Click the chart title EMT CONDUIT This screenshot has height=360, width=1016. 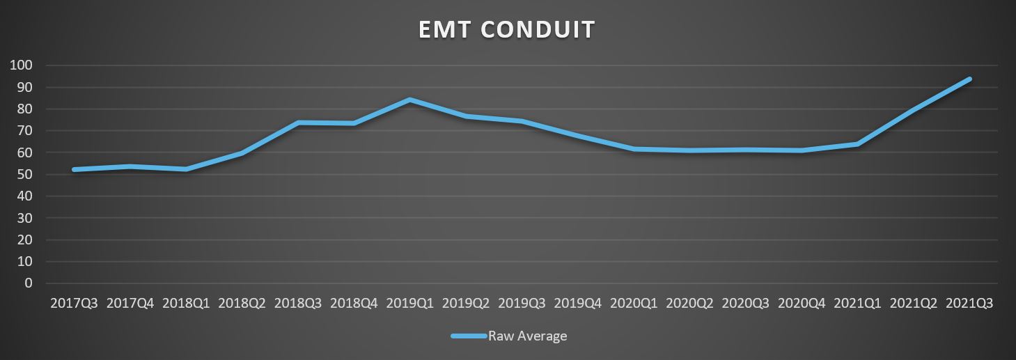point(507,30)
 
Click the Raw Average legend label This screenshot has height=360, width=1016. point(527,336)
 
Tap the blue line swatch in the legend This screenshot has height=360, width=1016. point(468,336)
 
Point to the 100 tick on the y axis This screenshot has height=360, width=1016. point(22,65)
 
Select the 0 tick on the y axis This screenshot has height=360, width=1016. point(29,283)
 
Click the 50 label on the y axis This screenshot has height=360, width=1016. point(25,174)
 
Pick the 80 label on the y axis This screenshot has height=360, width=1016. point(25,109)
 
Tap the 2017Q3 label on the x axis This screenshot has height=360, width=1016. point(75,304)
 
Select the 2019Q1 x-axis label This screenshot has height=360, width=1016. point(409,304)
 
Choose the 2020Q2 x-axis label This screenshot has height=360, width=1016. point(689,304)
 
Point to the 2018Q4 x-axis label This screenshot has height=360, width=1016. point(354,304)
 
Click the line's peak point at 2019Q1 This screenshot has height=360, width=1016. point(409,100)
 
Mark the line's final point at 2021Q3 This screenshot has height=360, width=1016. point(969,79)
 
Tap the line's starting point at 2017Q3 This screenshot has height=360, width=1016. point(75,169)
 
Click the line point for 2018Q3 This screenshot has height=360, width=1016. point(298,123)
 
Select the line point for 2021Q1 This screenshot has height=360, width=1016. point(857,144)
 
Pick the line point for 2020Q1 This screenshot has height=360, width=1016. point(634,149)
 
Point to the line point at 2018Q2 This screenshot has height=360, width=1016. point(242,153)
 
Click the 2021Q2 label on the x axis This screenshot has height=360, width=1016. point(913,304)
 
